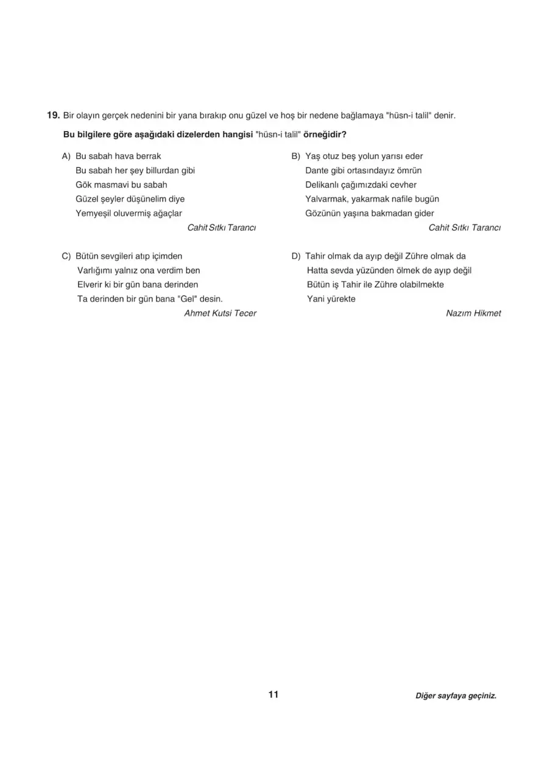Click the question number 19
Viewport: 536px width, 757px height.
[53, 115]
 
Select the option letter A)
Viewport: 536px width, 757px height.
[66, 157]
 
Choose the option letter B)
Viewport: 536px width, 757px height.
[297, 157]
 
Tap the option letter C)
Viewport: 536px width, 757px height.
[66, 257]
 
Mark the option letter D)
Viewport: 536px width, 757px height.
[297, 257]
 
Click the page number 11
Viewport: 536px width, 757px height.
[273, 695]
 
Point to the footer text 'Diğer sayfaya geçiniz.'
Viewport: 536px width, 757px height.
[456, 695]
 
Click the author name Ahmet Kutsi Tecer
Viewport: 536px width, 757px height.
[220, 313]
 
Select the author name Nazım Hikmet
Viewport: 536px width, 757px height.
[473, 313]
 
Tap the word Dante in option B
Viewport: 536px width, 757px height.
[317, 171]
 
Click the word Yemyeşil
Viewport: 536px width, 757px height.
[93, 213]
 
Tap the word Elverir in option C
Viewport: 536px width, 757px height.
[90, 285]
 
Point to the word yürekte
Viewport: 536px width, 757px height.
[341, 299]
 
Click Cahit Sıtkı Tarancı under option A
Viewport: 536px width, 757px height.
[222, 228]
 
